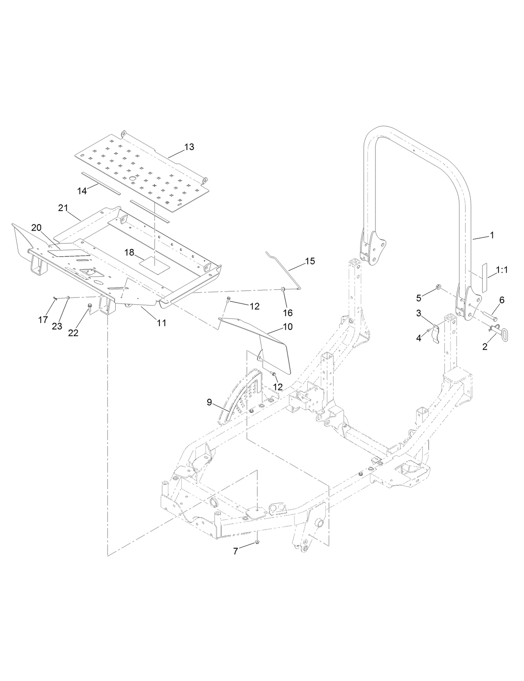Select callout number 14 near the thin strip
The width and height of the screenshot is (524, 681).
coord(82,191)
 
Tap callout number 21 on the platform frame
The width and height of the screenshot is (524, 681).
coord(63,208)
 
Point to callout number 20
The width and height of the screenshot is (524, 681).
coord(36,228)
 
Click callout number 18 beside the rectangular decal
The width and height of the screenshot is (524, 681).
coord(129,252)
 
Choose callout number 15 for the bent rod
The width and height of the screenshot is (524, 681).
coord(310,261)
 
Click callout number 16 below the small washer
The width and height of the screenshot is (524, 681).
coord(287,313)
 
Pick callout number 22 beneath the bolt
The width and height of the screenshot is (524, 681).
coord(73,333)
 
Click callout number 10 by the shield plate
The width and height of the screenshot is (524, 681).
coord(287,326)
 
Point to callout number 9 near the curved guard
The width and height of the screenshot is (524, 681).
coord(210,402)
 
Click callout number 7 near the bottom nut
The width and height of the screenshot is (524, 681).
coord(235,551)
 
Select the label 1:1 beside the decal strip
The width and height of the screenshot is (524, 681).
coord(502,270)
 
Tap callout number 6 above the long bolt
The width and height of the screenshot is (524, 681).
coord(502,300)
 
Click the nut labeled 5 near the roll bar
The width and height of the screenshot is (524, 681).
coord(439,287)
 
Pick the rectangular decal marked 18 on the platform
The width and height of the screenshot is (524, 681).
coord(154,265)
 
